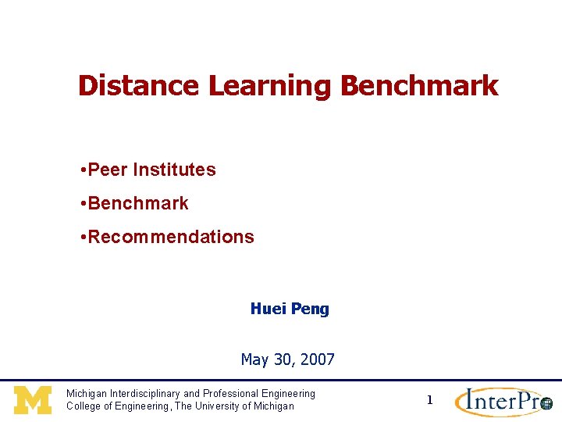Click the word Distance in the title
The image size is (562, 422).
point(138,86)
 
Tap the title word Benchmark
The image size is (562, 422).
point(420,86)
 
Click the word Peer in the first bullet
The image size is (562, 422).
point(108,170)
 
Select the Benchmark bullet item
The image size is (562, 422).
point(138,203)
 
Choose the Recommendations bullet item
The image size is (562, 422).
point(171,237)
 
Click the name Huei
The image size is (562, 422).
point(268,309)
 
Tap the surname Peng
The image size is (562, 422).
point(310,309)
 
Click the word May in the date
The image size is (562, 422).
point(254,360)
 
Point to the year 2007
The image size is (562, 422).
point(317,360)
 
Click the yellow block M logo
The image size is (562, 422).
point(33,400)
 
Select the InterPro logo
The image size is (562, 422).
point(503,401)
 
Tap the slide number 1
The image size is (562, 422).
point(429,400)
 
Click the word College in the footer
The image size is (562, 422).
point(84,406)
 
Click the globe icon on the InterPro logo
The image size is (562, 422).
point(546,404)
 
